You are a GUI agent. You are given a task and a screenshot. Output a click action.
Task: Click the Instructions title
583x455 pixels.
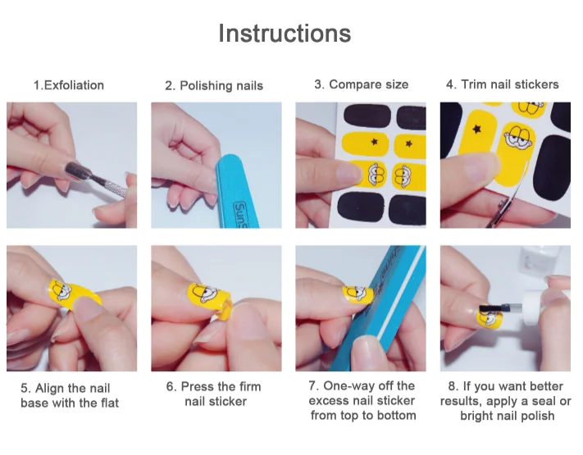pyautogui.click(x=285, y=34)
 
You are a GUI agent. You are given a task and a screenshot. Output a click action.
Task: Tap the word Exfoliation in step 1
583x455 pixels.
pyautogui.click(x=74, y=85)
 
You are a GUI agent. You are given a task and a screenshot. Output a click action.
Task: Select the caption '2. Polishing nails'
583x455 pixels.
pyautogui.click(x=214, y=85)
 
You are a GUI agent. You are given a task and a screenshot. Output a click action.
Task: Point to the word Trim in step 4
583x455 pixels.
pyautogui.click(x=474, y=84)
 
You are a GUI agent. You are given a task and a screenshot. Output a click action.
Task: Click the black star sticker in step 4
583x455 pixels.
pyautogui.click(x=476, y=129)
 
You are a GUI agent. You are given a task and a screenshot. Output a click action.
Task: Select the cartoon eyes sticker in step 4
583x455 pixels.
pyautogui.click(x=519, y=137)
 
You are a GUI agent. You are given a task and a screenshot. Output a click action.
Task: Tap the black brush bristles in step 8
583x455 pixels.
pyautogui.click(x=490, y=308)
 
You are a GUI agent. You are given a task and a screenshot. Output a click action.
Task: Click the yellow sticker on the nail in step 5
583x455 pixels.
pyautogui.click(x=75, y=293)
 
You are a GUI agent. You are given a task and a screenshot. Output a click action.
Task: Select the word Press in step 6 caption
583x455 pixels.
pyautogui.click(x=195, y=387)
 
